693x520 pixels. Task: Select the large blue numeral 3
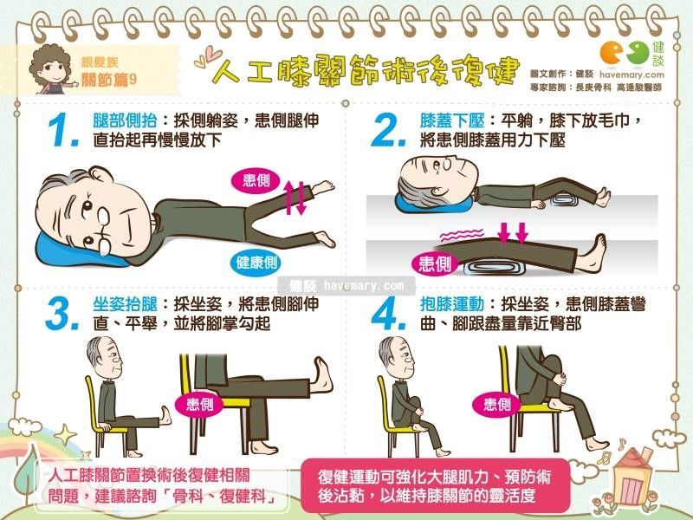tap(62, 314)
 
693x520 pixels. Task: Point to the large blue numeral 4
tap(388, 314)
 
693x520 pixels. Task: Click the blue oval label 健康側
tap(256, 263)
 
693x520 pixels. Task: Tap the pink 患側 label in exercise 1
tap(256, 180)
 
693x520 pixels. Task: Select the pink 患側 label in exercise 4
tap(497, 404)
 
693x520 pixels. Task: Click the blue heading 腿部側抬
tap(125, 120)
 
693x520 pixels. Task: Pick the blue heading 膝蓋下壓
tap(452, 120)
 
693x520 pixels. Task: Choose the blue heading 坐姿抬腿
tap(125, 304)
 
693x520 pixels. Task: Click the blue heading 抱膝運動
tap(452, 304)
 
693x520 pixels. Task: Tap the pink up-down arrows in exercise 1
tap(295, 198)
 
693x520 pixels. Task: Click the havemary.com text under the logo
tap(631, 75)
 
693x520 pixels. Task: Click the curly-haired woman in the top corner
tap(51, 69)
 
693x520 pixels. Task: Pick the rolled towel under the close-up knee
tap(494, 268)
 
